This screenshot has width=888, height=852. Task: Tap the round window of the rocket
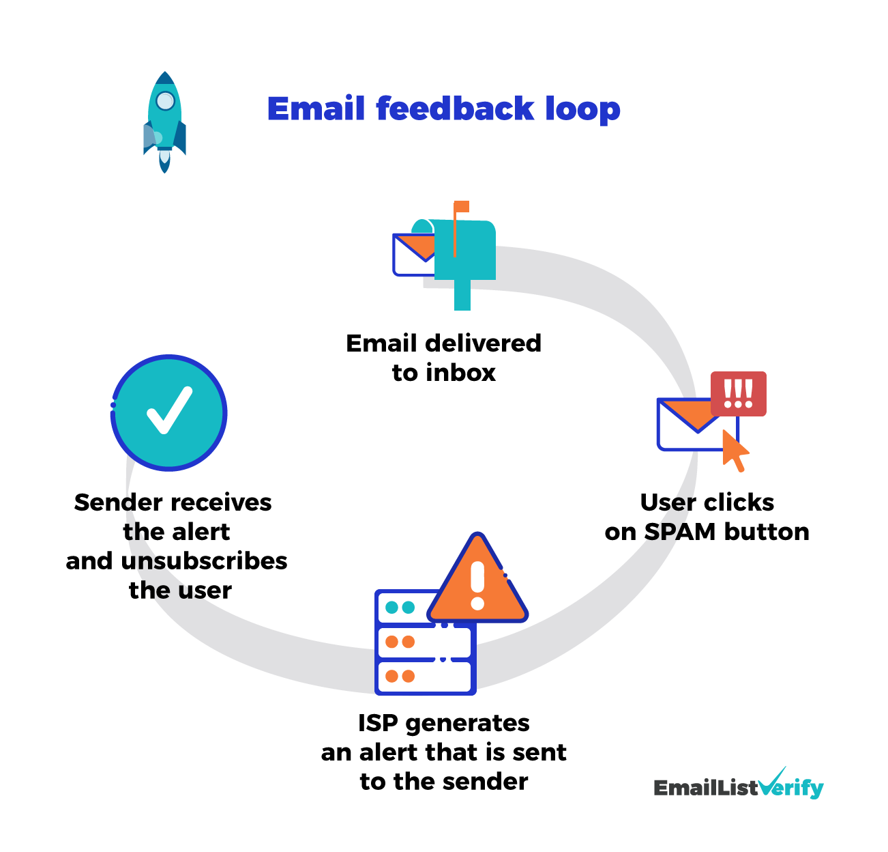[165, 101]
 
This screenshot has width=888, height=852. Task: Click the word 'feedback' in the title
[455, 109]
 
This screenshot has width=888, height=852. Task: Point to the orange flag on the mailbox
[462, 206]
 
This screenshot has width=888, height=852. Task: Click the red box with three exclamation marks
[738, 393]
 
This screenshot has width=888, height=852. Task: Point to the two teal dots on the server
[400, 608]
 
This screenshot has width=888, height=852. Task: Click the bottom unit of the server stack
[425, 677]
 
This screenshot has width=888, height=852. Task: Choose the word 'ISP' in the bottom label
[378, 723]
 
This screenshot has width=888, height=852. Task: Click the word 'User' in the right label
[667, 502]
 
